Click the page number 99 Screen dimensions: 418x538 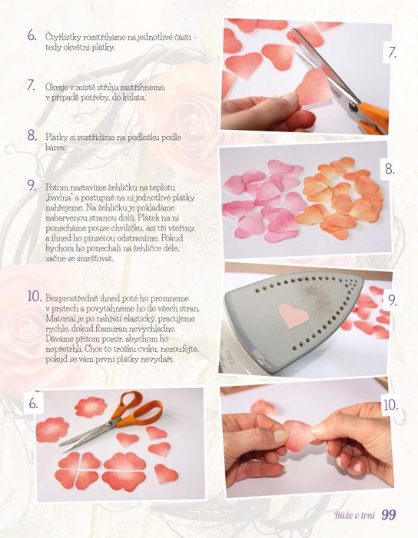[x=389, y=515]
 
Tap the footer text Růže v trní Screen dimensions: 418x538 [x=355, y=515]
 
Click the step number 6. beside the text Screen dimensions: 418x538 [x=32, y=35]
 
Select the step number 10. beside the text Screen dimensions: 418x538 [x=35, y=297]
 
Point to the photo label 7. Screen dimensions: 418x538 [x=393, y=52]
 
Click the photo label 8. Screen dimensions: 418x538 [x=390, y=168]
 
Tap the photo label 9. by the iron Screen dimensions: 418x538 [x=393, y=301]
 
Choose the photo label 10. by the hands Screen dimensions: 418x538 [x=390, y=405]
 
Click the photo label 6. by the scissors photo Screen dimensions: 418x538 [x=33, y=403]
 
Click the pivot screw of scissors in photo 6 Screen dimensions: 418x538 [x=110, y=423]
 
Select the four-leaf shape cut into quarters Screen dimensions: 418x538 [x=78, y=470]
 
